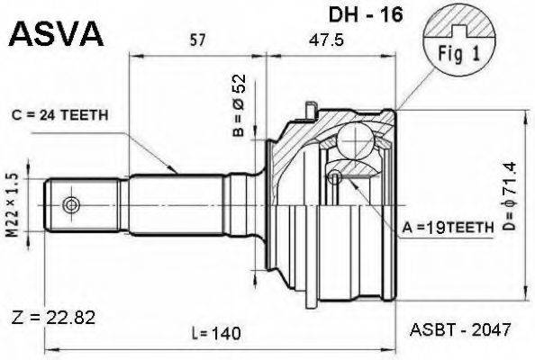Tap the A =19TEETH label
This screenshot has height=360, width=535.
tap(447, 228)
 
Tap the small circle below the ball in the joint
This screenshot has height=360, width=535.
tap(335, 177)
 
